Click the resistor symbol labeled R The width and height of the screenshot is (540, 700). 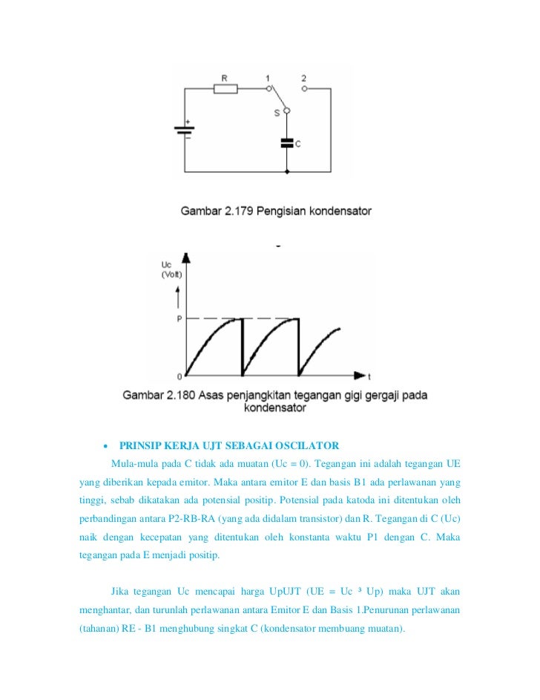[x=225, y=89]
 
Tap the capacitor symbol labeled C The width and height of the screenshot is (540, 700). [x=287, y=143]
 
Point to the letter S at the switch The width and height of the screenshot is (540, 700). [x=277, y=112]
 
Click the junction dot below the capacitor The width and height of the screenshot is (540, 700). [x=287, y=171]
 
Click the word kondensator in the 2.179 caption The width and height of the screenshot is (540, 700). [x=338, y=211]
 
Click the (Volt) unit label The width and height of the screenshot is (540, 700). [x=170, y=274]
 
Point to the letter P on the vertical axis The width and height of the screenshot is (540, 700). [x=179, y=319]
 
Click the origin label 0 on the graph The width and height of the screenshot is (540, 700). [x=179, y=377]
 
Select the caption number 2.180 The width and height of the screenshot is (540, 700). [x=174, y=396]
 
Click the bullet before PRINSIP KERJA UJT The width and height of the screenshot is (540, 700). [x=105, y=447]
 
